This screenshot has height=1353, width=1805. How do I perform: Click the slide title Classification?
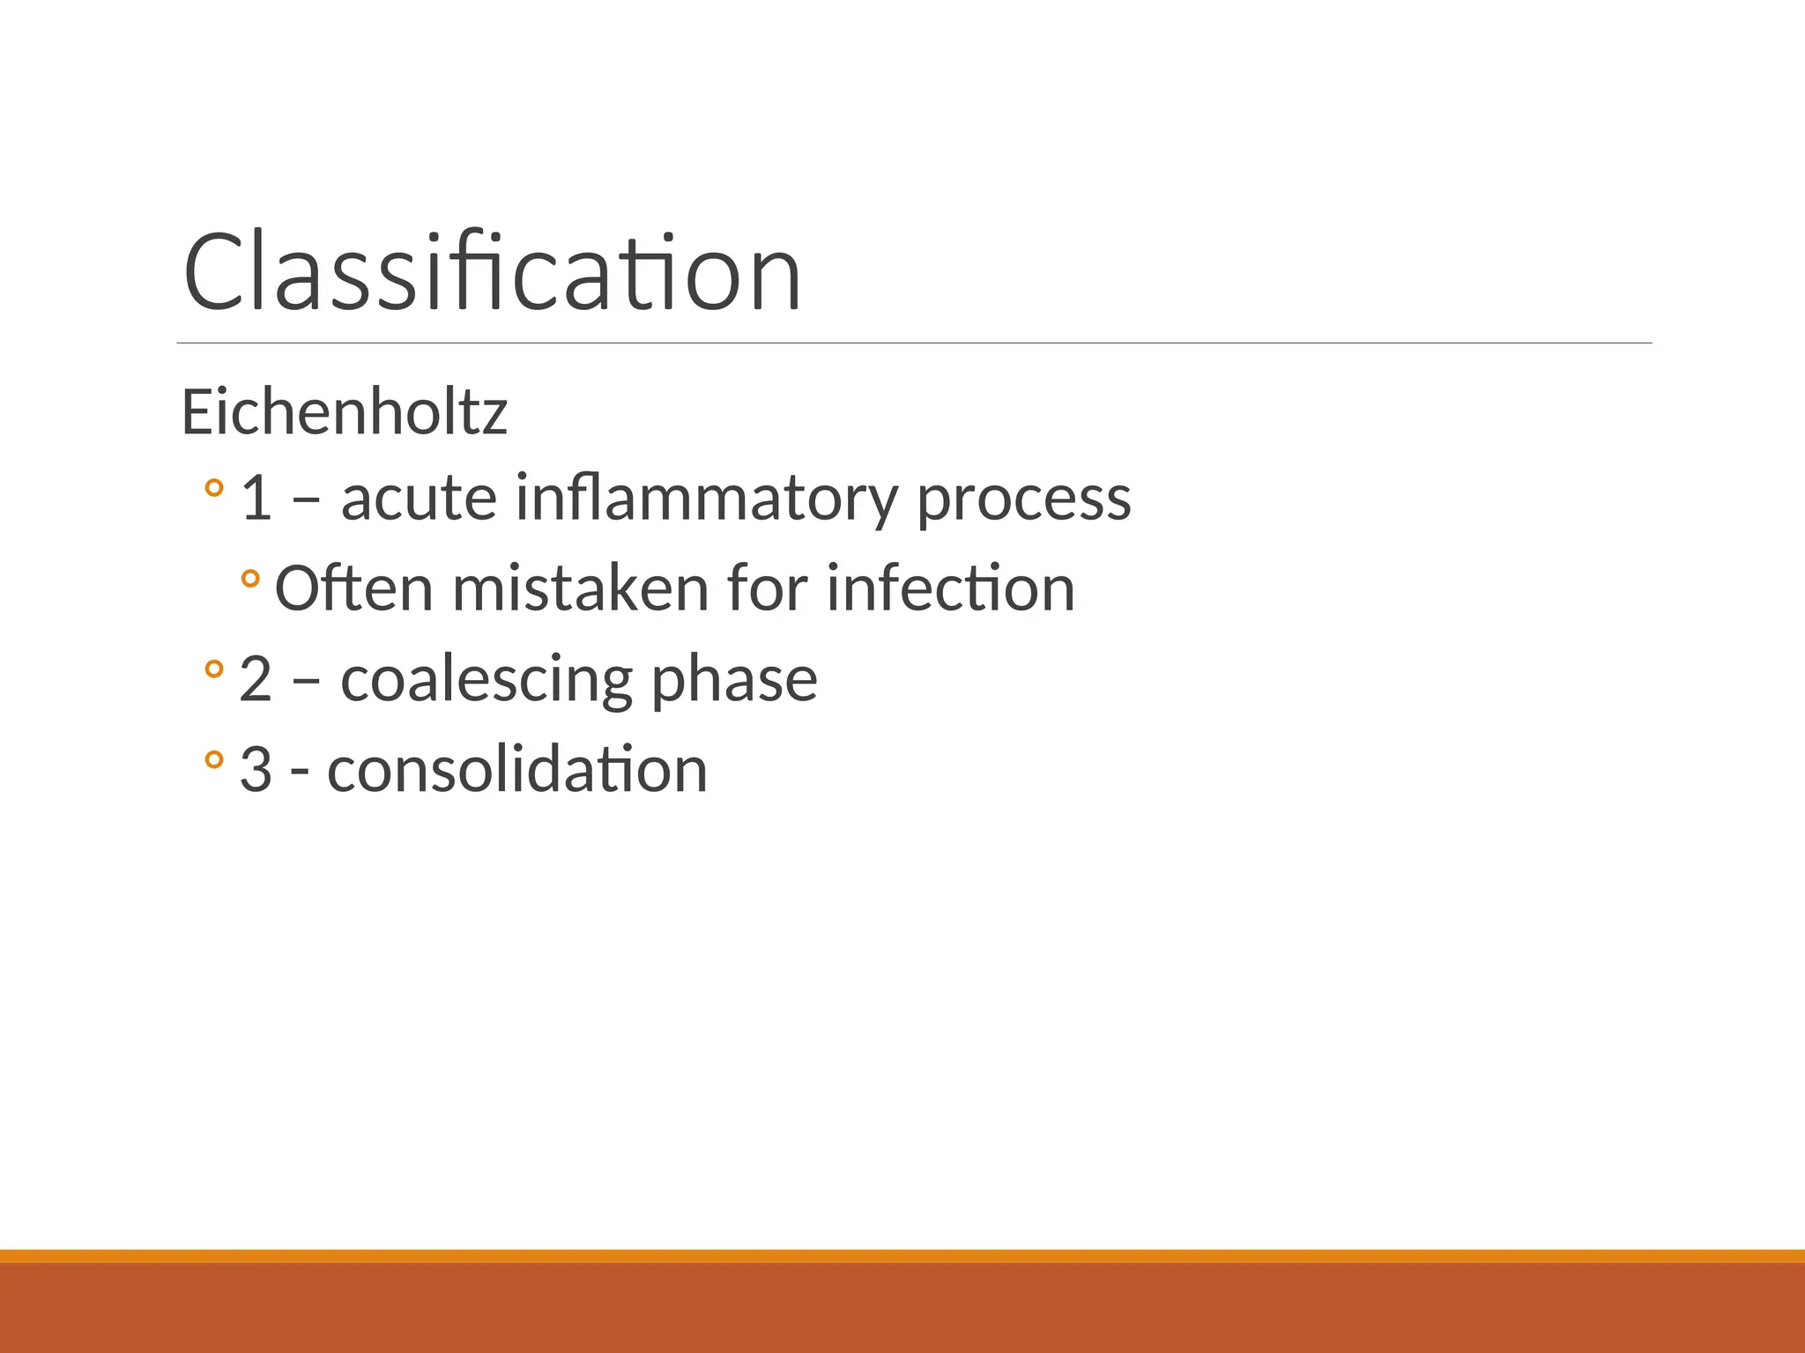click(x=492, y=273)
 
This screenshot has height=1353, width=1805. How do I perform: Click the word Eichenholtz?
click(x=345, y=412)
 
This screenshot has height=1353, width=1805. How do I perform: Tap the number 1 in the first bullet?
click(x=256, y=499)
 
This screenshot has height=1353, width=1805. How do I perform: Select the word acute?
click(x=419, y=499)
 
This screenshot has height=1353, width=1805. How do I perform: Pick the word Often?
click(x=353, y=588)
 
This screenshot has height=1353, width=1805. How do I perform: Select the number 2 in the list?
click(x=256, y=680)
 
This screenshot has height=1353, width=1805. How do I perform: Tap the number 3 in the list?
click(x=256, y=770)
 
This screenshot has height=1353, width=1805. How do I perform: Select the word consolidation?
click(x=517, y=770)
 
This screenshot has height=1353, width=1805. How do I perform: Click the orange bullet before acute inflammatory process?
click(x=213, y=487)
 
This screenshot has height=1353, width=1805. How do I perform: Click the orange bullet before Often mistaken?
click(x=250, y=578)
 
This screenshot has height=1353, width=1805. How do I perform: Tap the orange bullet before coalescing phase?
click(x=213, y=669)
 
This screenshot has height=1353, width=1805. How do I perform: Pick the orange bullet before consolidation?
click(x=213, y=759)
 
